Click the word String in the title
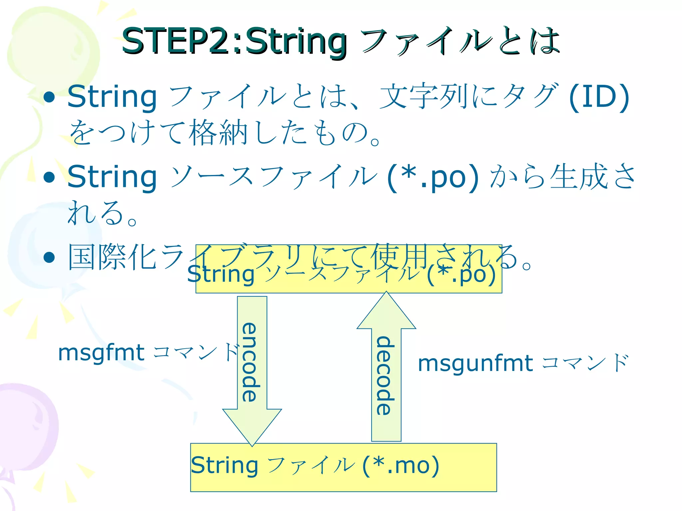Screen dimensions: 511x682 [x=296, y=42]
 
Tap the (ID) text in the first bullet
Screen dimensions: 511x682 [x=598, y=97]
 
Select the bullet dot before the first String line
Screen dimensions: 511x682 [x=49, y=97]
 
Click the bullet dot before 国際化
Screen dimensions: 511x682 [x=49, y=257]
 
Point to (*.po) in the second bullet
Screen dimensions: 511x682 [x=433, y=177]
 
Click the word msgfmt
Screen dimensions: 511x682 [x=101, y=353]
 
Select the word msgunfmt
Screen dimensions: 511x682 [x=476, y=363]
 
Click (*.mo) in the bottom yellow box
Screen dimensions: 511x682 [x=401, y=465]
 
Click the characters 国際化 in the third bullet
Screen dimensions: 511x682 [x=112, y=257]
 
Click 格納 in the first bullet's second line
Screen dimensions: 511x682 [x=218, y=133]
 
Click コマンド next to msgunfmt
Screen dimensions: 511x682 [x=585, y=363]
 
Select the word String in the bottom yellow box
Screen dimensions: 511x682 [x=224, y=465]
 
